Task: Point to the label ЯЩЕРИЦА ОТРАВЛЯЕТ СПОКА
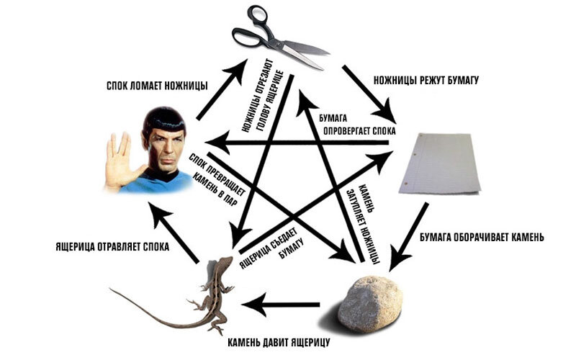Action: coord(112,246)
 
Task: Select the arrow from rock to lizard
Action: coord(281,305)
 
